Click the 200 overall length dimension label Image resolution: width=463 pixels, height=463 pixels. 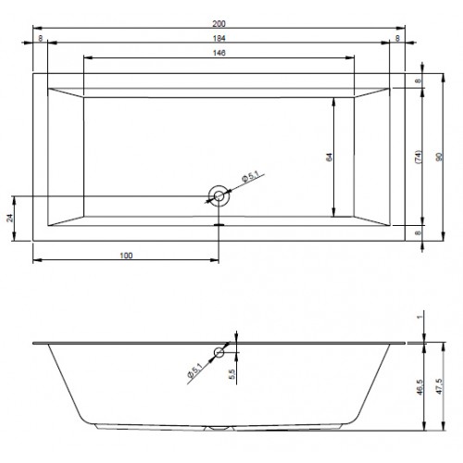point(219,23)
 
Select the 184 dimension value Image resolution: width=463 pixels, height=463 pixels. point(219,38)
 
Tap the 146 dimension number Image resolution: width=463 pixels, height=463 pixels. point(219,53)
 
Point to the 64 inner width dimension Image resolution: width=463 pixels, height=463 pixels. point(330,157)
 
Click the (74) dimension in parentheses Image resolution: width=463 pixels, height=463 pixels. point(419,157)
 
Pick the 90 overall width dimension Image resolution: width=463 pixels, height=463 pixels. point(439,157)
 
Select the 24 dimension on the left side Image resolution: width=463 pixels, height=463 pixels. point(10,218)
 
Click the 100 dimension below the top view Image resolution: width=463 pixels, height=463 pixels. point(126,256)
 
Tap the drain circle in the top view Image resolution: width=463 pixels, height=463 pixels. point(219,196)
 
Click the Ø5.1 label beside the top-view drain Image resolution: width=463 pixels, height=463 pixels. point(250,177)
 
